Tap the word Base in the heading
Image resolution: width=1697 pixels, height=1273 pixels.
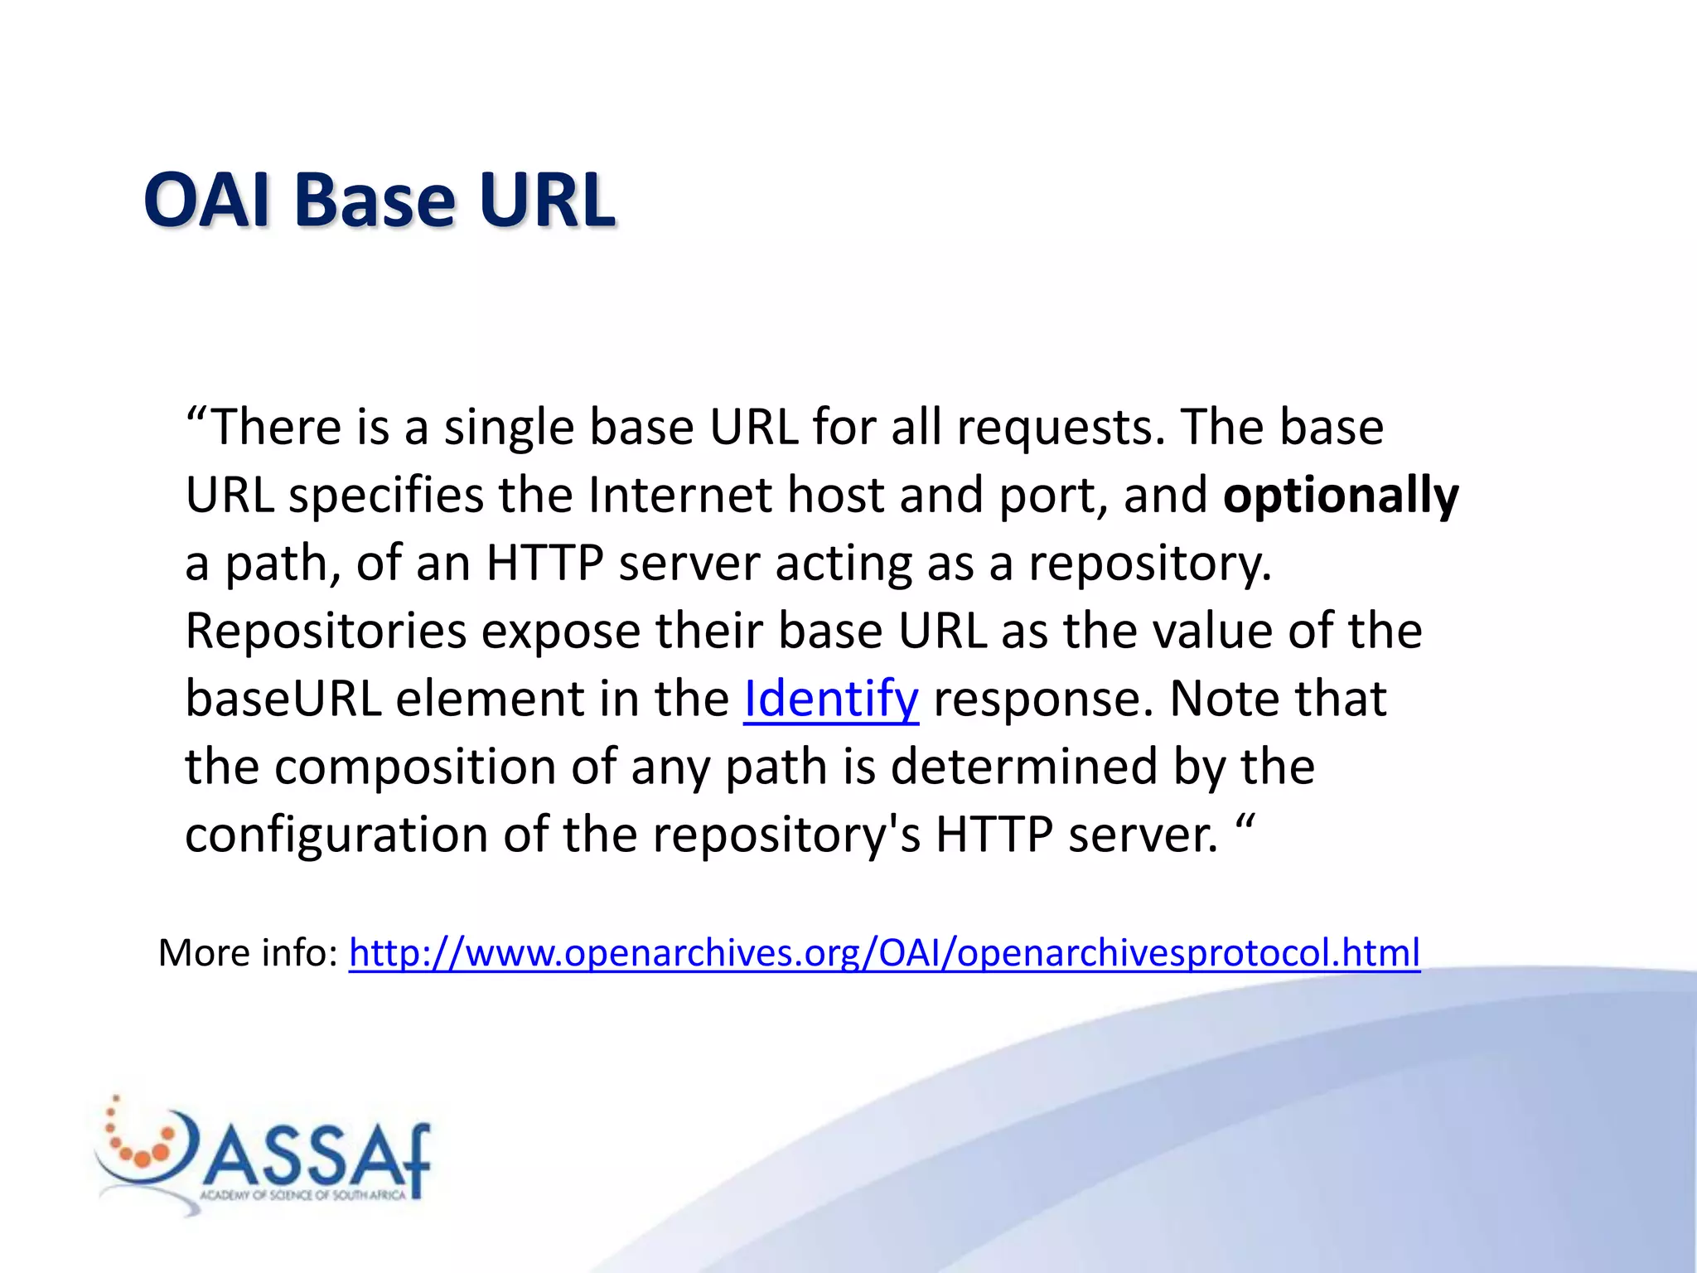click(x=375, y=201)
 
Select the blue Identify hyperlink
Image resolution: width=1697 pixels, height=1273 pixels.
click(x=831, y=699)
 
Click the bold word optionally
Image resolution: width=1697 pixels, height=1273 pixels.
click(x=1341, y=496)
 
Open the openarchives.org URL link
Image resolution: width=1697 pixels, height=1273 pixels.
click(x=884, y=953)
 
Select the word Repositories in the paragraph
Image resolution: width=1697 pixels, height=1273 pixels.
click(x=326, y=632)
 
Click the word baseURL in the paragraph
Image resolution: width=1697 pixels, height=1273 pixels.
click(x=283, y=699)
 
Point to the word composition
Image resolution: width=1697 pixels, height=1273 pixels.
click(x=414, y=767)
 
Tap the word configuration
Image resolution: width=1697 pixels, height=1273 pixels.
click(x=336, y=835)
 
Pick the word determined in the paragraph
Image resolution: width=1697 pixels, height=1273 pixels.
click(x=1023, y=767)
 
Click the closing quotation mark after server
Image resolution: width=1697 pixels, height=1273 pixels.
click(x=1245, y=824)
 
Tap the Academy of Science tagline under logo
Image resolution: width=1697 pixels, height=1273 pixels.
click(x=303, y=1195)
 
